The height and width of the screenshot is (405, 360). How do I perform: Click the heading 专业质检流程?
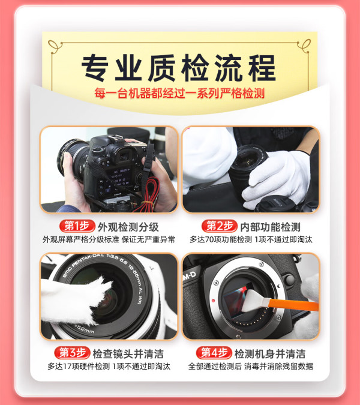179,68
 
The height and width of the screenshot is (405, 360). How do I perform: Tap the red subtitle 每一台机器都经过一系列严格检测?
179,93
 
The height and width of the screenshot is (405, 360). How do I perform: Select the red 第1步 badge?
77,226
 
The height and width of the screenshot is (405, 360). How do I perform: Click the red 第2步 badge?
219,226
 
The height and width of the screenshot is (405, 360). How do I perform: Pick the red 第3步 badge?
72,353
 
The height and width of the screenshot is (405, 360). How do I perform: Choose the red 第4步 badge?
214,353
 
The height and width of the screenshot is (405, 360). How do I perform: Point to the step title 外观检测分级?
128,227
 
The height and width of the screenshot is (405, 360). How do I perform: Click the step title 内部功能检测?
270,227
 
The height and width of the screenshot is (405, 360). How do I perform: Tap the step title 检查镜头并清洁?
128,353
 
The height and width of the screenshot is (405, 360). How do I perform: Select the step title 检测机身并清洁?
270,353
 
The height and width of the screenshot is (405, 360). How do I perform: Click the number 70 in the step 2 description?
209,239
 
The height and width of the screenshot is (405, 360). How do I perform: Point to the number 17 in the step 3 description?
67,366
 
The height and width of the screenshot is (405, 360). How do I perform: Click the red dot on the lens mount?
214,301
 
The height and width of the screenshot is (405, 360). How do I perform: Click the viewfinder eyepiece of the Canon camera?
125,155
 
